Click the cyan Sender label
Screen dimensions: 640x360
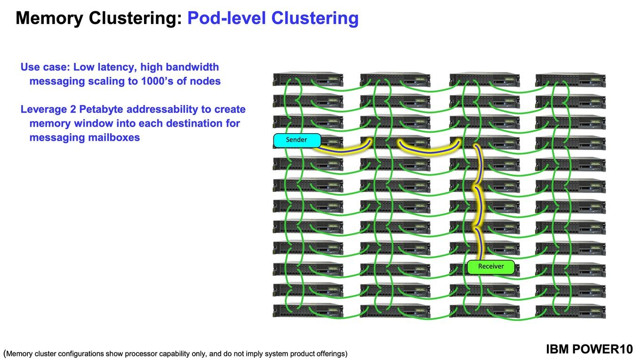point(297,140)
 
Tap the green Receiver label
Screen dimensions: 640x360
point(491,267)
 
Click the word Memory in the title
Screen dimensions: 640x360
point(49,18)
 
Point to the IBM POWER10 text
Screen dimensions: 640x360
point(590,349)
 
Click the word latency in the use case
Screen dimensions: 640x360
point(116,67)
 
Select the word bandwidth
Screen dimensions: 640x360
point(192,67)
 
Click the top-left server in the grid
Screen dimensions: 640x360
point(308,79)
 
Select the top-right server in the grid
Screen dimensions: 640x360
point(570,80)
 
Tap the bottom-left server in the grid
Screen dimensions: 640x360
point(308,311)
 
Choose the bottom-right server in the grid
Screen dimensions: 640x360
point(570,311)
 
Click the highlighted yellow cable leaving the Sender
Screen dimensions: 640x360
point(343,151)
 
